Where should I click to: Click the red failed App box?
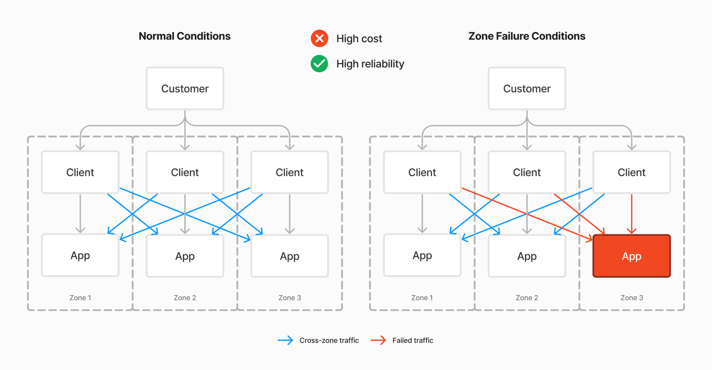(x=632, y=256)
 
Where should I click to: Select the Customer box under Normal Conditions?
(x=185, y=89)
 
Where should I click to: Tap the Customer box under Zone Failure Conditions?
(x=527, y=89)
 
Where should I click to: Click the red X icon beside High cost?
(x=319, y=39)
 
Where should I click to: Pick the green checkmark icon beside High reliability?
(x=319, y=64)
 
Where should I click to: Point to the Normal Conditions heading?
(x=184, y=36)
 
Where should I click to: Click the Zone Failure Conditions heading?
(x=527, y=36)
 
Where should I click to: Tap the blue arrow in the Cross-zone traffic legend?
(x=285, y=340)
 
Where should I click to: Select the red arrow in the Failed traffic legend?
(x=378, y=340)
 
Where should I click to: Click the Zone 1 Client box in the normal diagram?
(x=80, y=172)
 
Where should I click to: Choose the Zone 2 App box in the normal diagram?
(x=185, y=256)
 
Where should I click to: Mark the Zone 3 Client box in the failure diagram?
(x=632, y=172)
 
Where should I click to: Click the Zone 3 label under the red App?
(x=632, y=298)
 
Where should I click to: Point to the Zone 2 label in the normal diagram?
(x=185, y=298)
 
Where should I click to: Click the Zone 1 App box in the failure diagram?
(x=422, y=255)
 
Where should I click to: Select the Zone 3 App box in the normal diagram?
(x=290, y=256)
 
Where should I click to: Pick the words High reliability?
(x=370, y=64)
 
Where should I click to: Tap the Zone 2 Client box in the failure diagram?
(x=527, y=172)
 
